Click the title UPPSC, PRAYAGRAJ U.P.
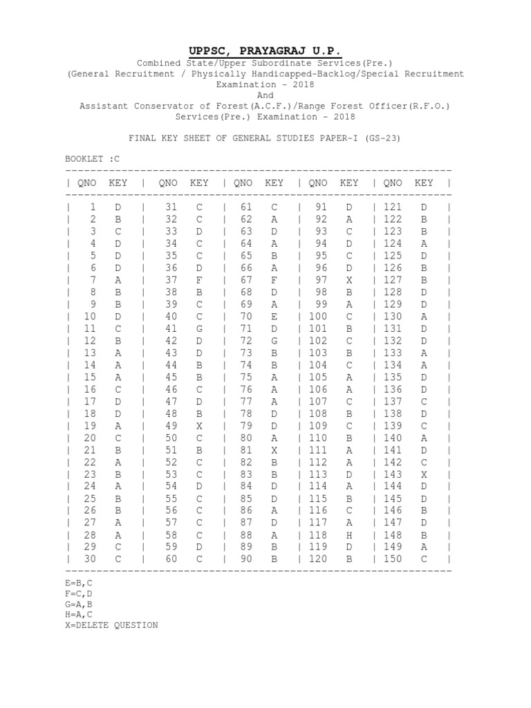click(x=265, y=50)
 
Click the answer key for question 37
click(x=200, y=279)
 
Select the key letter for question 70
click(x=274, y=316)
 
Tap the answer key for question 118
click(x=350, y=534)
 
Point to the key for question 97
click(x=350, y=279)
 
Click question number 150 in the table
click(x=391, y=559)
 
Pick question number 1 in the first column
click(x=92, y=207)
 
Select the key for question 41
click(x=200, y=328)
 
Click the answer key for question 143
click(x=425, y=474)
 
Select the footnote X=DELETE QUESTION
click(x=111, y=625)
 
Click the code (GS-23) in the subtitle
click(x=379, y=138)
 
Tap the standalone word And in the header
click(x=265, y=95)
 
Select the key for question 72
click(x=274, y=340)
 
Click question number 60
click(x=171, y=559)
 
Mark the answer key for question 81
click(x=274, y=449)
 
